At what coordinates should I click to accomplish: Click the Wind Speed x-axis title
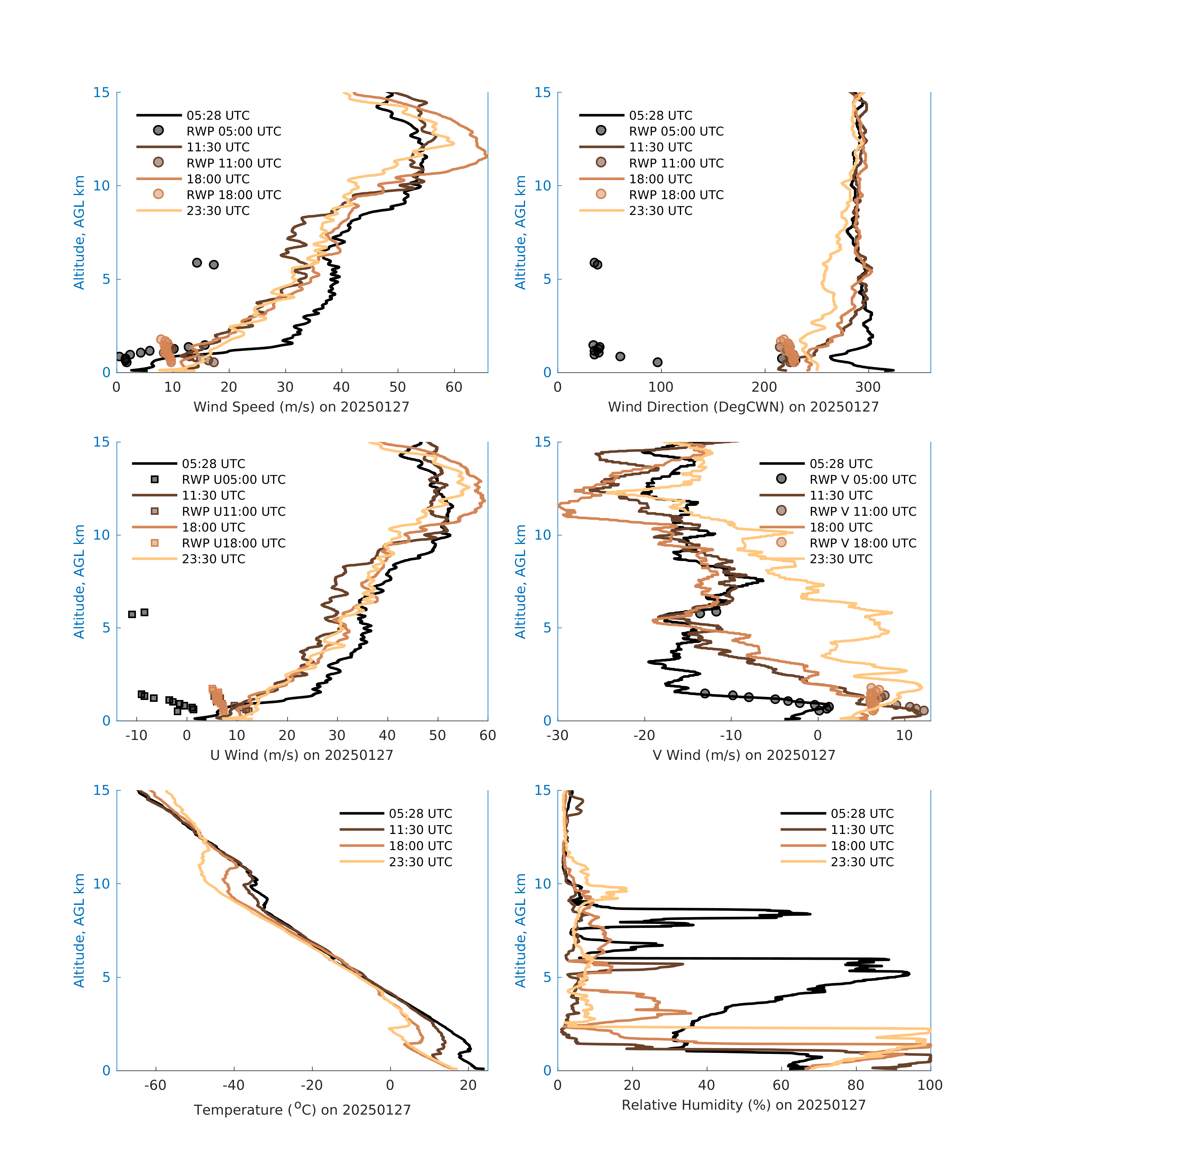click(301, 407)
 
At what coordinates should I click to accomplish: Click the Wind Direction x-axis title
click(743, 407)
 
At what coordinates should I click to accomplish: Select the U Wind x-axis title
click(301, 755)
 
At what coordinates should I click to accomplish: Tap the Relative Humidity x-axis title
click(743, 1105)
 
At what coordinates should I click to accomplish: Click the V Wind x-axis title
click(743, 755)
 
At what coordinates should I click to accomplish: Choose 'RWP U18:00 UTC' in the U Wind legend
click(233, 543)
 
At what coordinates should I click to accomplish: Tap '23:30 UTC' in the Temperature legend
click(420, 862)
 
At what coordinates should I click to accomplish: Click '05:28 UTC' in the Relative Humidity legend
click(862, 813)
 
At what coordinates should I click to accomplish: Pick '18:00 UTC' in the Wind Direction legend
click(661, 179)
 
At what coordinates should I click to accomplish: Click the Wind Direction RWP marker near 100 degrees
click(657, 362)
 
